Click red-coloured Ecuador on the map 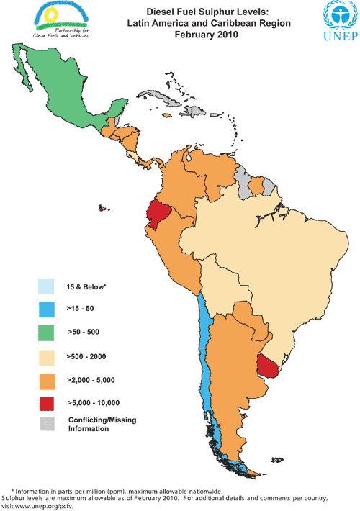click(158, 214)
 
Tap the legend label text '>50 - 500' click(84, 333)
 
